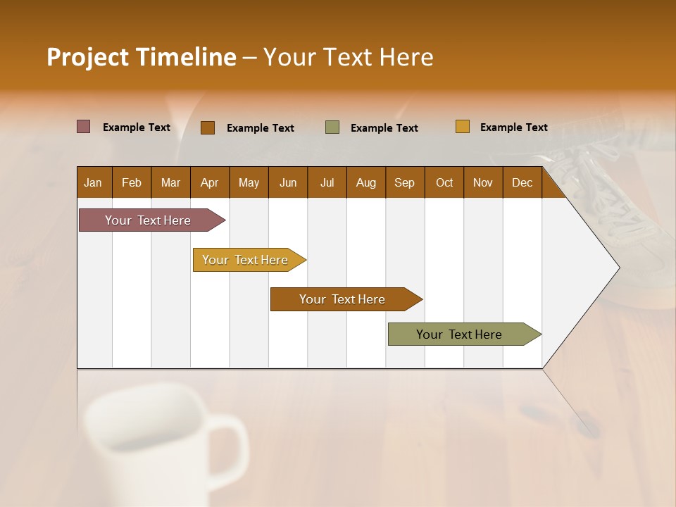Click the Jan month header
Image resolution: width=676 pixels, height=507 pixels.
coord(93,182)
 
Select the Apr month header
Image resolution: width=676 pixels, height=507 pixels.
coord(209,182)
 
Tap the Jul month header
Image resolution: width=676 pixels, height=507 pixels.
coord(327,182)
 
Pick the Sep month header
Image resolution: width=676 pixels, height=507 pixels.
coord(404,182)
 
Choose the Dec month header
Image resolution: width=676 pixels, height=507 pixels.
coord(522,182)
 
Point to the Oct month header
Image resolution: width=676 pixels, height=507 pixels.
coord(444,182)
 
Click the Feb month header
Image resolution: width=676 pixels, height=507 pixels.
coord(132,182)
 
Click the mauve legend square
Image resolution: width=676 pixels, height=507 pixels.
coord(83,127)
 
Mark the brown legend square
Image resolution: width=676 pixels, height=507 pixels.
coord(207,127)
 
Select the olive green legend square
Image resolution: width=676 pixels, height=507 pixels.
coord(332,127)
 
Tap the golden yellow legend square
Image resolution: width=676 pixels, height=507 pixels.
coord(462,127)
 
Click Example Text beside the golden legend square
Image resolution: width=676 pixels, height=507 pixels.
coord(513,127)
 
